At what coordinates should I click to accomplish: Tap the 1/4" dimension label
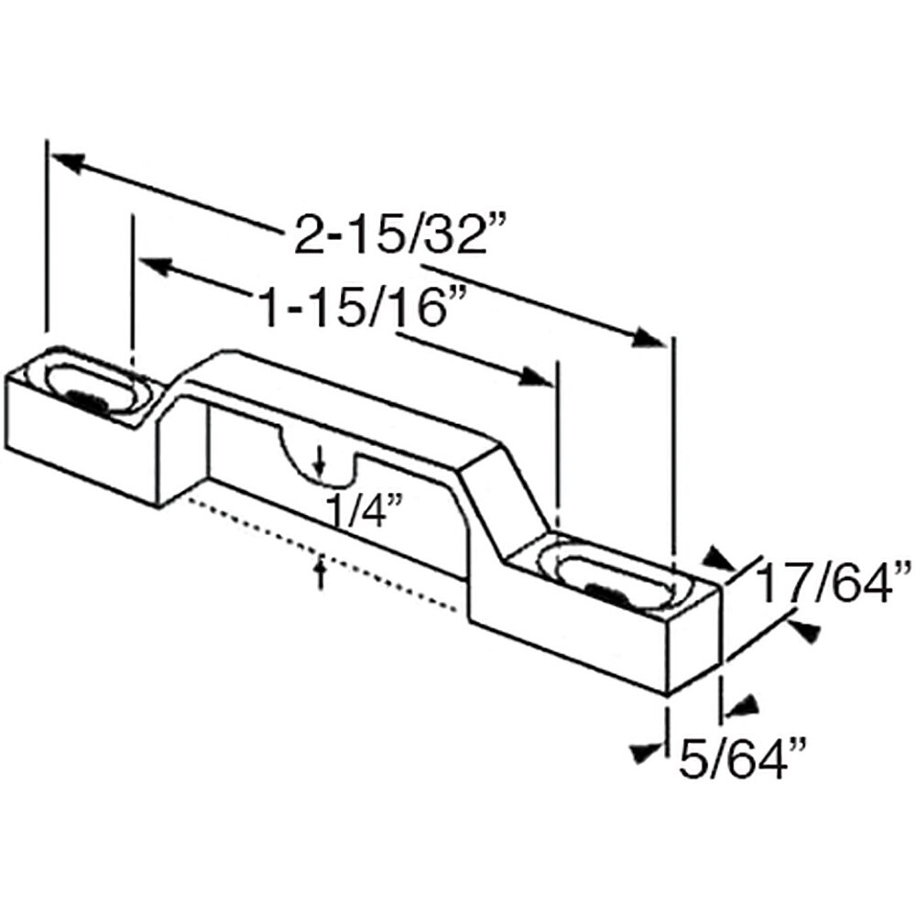tap(358, 510)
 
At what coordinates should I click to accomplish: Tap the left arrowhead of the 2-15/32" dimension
tap(66, 162)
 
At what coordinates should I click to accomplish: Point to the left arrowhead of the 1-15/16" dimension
tap(154, 266)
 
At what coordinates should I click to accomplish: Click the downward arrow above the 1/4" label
tap(318, 463)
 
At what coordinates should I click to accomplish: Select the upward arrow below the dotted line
tap(320, 572)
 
